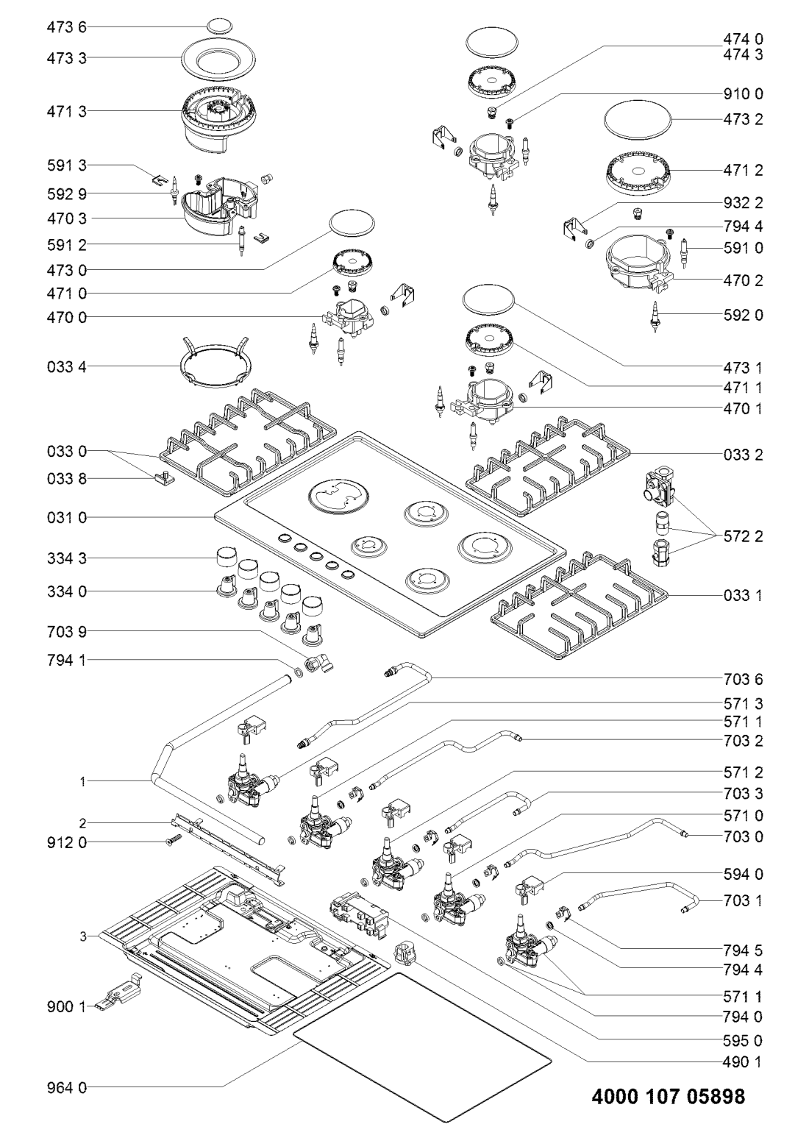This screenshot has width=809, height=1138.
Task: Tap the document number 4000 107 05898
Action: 669,1098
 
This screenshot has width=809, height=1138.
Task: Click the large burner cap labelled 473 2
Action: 638,119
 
